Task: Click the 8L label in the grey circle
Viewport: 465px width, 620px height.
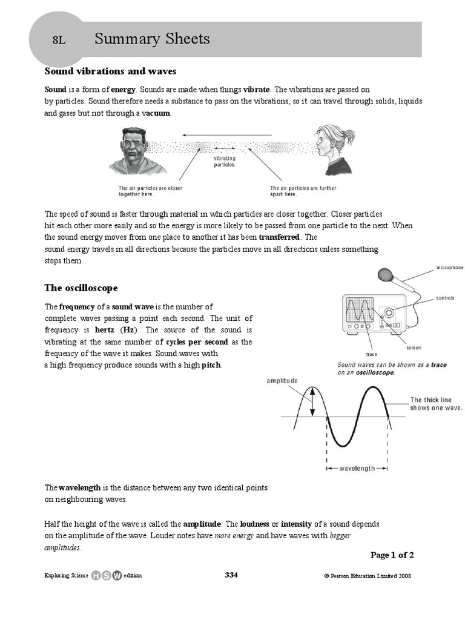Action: (58, 41)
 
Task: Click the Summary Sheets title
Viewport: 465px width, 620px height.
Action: (152, 39)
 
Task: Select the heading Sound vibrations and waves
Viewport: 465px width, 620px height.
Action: (110, 71)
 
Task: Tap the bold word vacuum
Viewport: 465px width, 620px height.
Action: (156, 113)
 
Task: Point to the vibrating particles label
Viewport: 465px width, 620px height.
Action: (225, 161)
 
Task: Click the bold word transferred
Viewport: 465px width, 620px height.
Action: (279, 237)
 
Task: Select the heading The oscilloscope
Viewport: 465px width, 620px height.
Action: (81, 288)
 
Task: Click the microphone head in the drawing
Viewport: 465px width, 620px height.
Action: (385, 275)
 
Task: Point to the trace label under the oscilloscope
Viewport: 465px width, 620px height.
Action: (372, 354)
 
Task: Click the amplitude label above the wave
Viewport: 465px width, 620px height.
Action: (282, 381)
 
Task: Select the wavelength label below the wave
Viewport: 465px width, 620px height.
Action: (357, 468)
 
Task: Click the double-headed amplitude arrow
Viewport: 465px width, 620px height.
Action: (312, 402)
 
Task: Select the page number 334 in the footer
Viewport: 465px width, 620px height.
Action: (231, 575)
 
